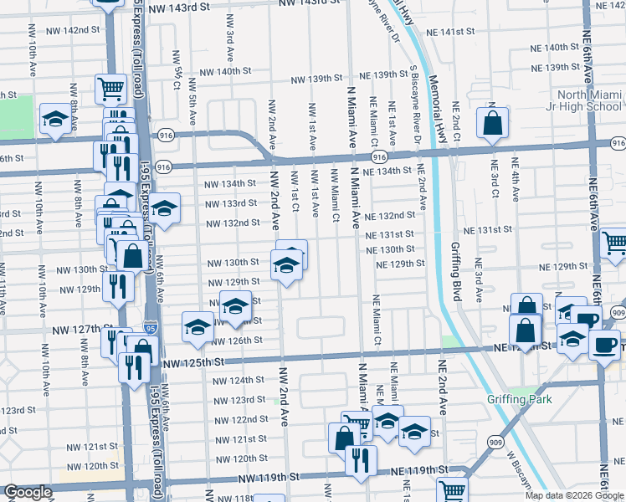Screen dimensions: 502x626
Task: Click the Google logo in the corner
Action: (x=28, y=493)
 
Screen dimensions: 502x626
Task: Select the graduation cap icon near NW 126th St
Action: (x=198, y=326)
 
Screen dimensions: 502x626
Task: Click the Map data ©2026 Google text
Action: (x=575, y=495)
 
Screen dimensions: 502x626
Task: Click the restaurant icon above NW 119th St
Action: (x=362, y=458)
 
